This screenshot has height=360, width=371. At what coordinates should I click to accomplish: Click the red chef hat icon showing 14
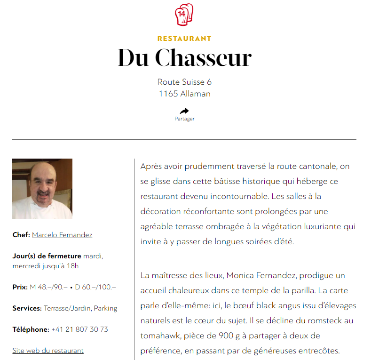(184, 15)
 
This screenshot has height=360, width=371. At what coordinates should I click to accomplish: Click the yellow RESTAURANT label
(184, 39)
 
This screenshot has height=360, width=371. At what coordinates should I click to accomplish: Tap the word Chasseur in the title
(203, 58)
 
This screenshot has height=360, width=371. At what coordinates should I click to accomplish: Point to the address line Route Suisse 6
(184, 82)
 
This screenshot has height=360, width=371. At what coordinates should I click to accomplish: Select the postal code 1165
(168, 94)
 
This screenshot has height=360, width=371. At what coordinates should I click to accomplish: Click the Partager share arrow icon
(184, 111)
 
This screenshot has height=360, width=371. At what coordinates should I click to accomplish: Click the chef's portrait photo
(42, 189)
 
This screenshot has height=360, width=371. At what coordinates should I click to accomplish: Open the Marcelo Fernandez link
(62, 235)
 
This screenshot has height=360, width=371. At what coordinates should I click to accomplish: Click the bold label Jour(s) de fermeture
(47, 256)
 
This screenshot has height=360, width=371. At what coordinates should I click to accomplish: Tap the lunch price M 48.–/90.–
(48, 287)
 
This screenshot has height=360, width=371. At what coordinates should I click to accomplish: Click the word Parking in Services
(105, 309)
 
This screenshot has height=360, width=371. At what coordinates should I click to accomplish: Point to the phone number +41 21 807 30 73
(79, 329)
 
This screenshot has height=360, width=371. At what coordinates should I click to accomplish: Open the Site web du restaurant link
(48, 351)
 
